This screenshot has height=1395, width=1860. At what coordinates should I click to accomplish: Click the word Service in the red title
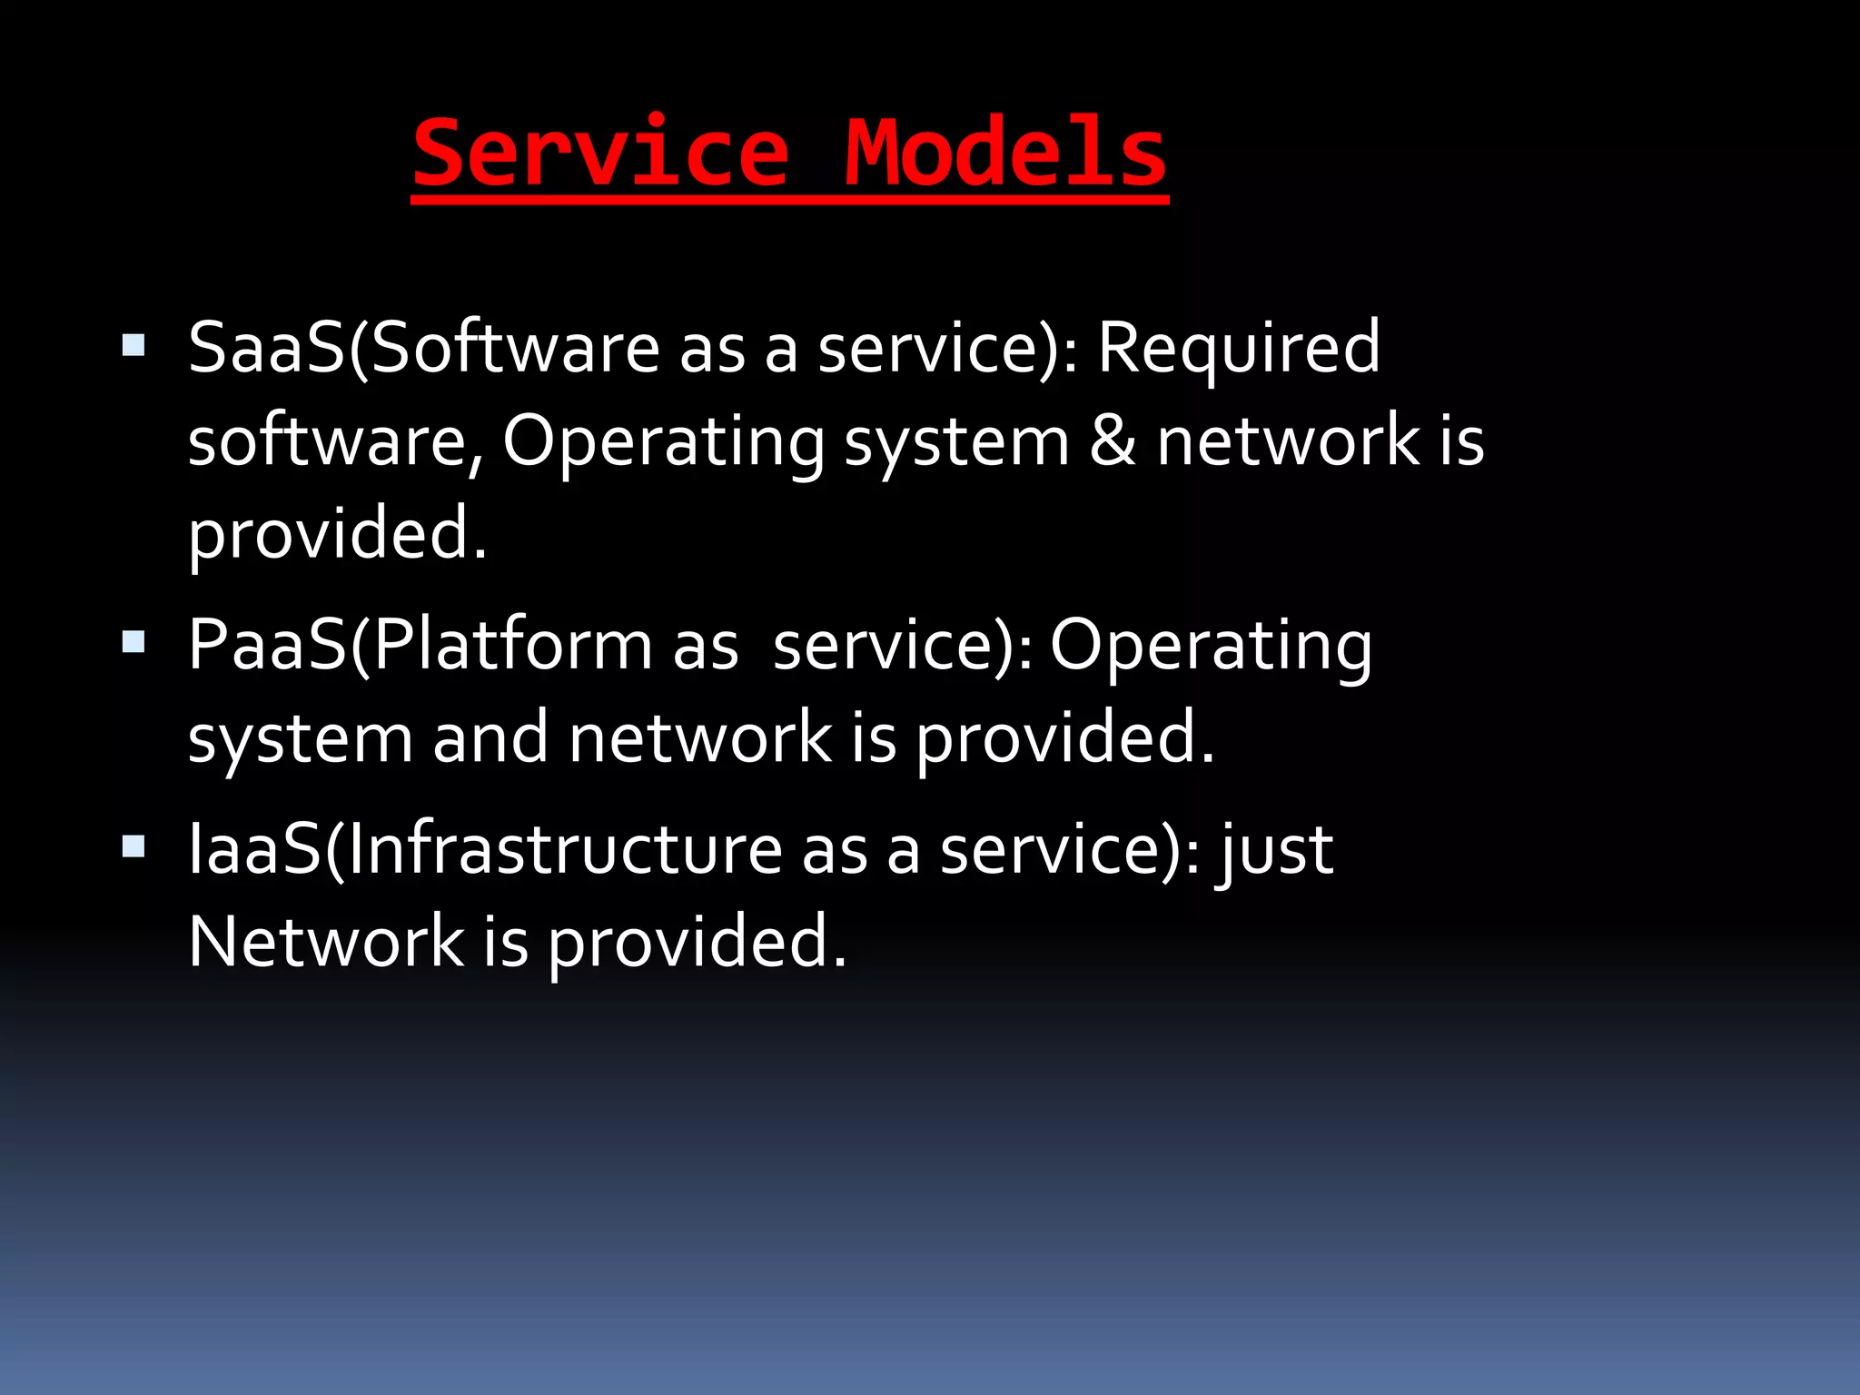point(601,153)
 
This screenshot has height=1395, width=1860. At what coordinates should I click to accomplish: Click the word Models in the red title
point(1005,153)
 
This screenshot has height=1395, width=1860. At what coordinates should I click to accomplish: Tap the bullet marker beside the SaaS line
point(134,346)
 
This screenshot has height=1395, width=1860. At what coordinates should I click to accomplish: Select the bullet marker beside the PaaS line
point(134,643)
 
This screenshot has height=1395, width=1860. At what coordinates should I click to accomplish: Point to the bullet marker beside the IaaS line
point(134,847)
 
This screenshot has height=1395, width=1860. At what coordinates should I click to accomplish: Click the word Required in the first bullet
point(1239,348)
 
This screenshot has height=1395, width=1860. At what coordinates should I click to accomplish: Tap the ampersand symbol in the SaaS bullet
point(1113,441)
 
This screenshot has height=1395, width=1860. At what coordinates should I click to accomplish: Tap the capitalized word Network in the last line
point(326,942)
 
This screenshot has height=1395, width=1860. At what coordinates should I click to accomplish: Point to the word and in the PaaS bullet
point(490,737)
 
